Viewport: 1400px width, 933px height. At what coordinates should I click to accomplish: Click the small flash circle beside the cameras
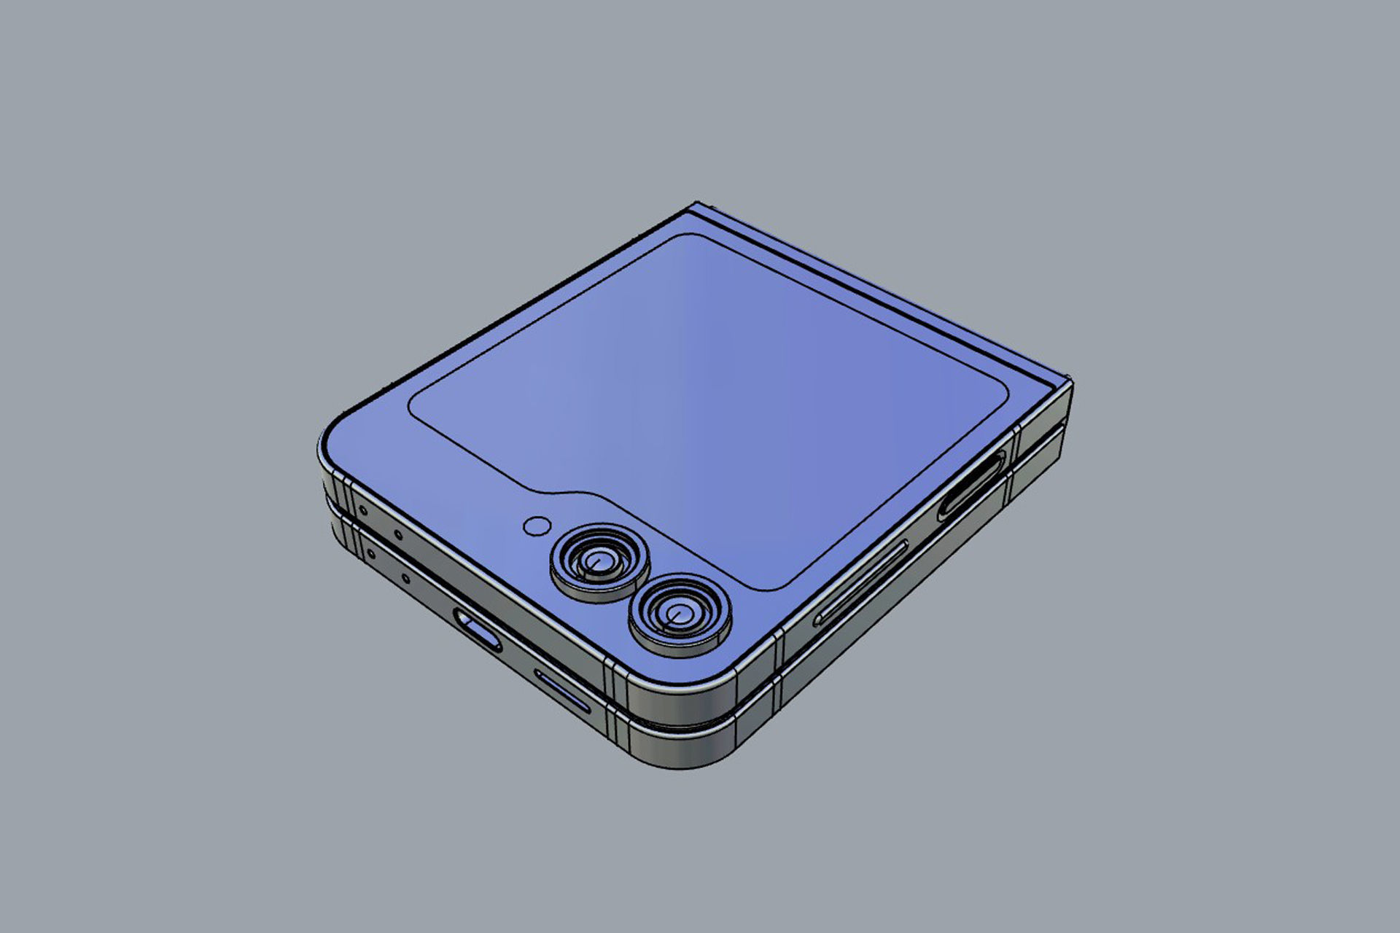point(537,526)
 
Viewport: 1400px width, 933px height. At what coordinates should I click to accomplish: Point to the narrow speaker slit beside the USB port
point(563,691)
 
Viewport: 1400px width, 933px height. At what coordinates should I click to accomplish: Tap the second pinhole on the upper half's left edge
point(397,535)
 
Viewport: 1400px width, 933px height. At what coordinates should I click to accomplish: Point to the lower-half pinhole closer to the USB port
point(405,580)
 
